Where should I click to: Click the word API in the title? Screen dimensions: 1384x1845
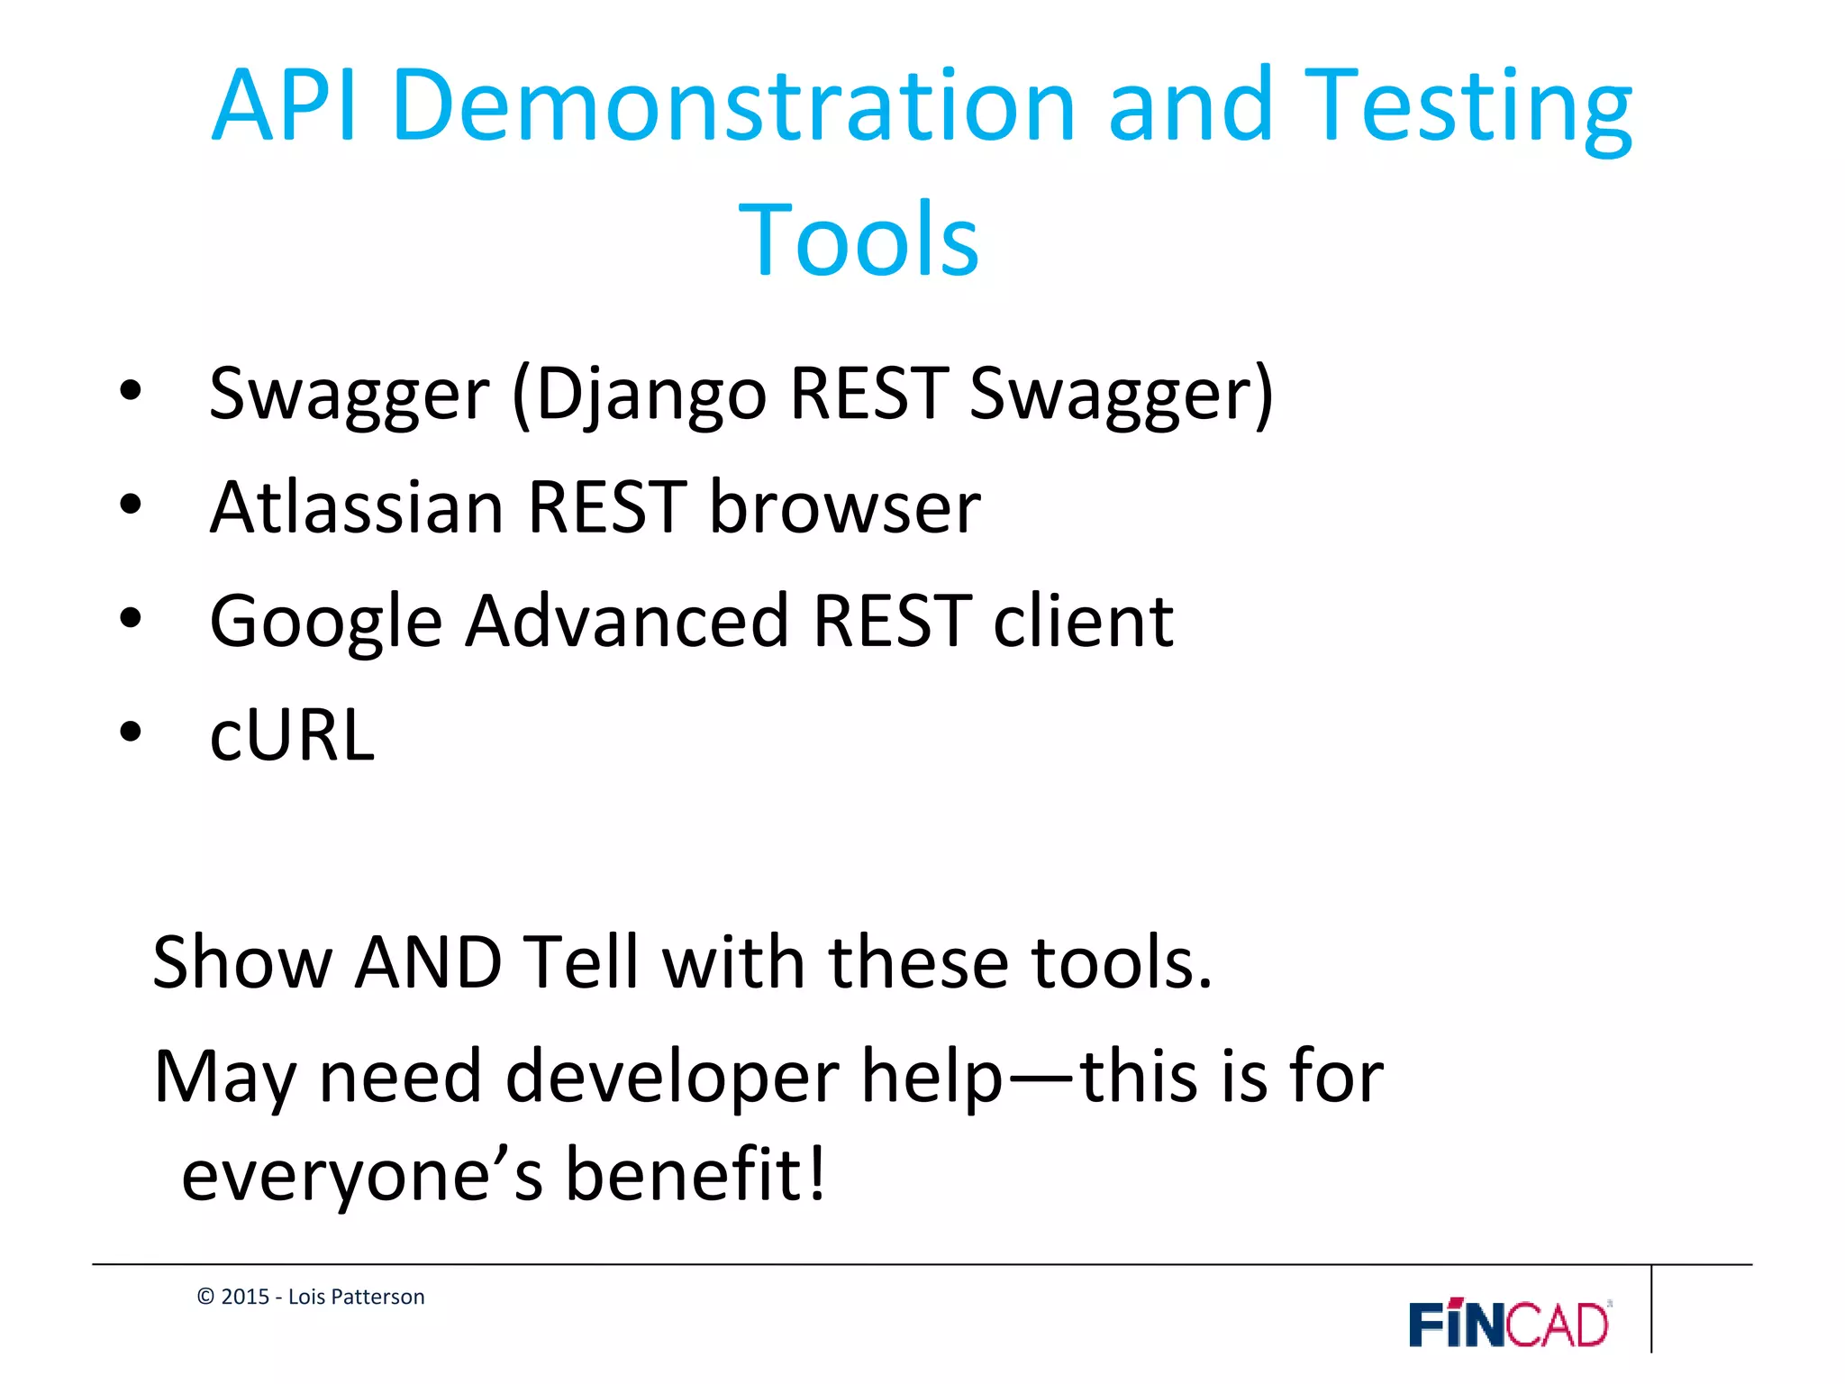point(285,106)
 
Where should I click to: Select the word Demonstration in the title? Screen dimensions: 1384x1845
point(734,106)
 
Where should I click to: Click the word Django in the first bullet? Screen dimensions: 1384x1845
point(650,395)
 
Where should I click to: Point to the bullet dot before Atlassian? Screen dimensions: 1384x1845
point(131,505)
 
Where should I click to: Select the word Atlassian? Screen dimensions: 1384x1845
point(357,507)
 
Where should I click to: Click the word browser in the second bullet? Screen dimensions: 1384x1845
point(844,507)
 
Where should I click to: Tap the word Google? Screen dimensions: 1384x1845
point(326,622)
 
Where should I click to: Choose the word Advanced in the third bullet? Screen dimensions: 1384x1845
point(628,622)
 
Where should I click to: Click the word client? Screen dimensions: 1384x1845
point(1083,622)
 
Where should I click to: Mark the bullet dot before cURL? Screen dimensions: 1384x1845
point(131,733)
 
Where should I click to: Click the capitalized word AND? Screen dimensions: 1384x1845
point(428,963)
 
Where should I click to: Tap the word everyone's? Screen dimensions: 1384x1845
point(362,1176)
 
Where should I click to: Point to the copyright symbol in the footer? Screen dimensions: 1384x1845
point(205,1297)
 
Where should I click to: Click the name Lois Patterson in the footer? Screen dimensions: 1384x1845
point(356,1297)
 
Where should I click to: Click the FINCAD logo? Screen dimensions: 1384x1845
point(1510,1325)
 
